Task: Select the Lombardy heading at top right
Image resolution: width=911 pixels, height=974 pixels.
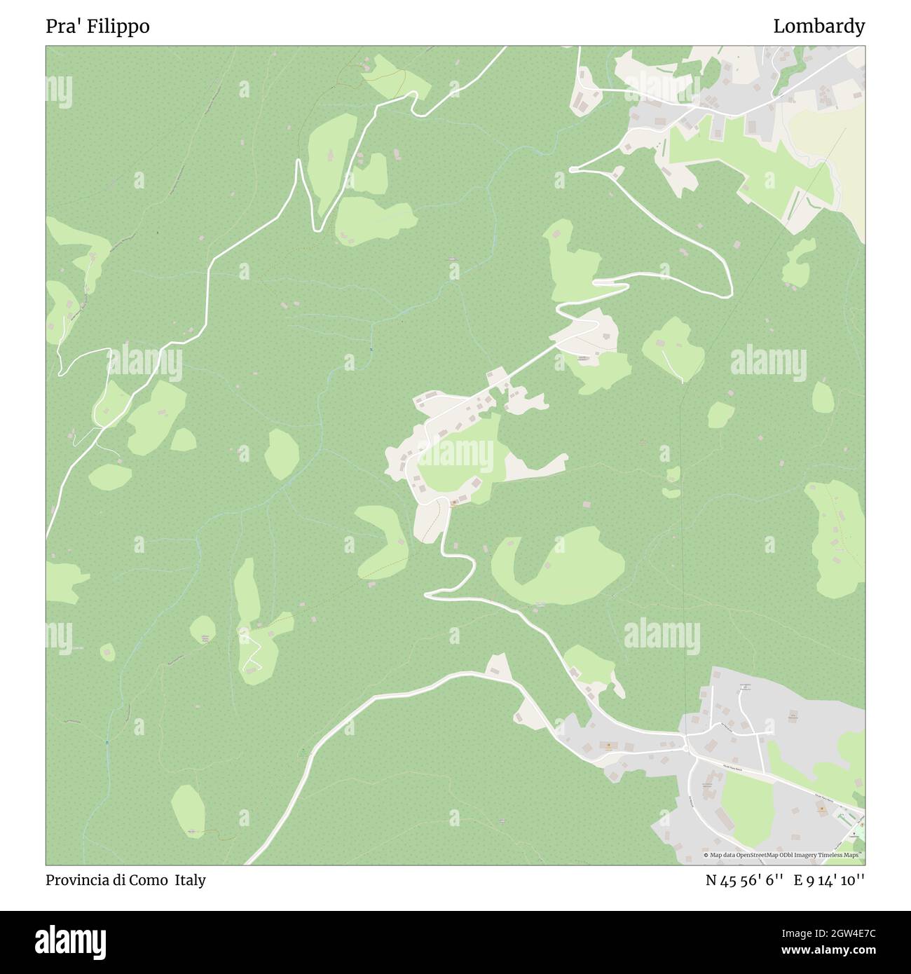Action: [x=818, y=27]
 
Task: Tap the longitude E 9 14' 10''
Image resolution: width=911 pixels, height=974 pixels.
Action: [x=829, y=880]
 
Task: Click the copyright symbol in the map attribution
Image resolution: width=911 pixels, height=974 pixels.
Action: [x=706, y=855]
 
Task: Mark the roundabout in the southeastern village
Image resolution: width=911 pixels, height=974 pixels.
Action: [x=685, y=747]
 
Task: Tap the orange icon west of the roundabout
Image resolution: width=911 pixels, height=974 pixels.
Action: [x=608, y=746]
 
